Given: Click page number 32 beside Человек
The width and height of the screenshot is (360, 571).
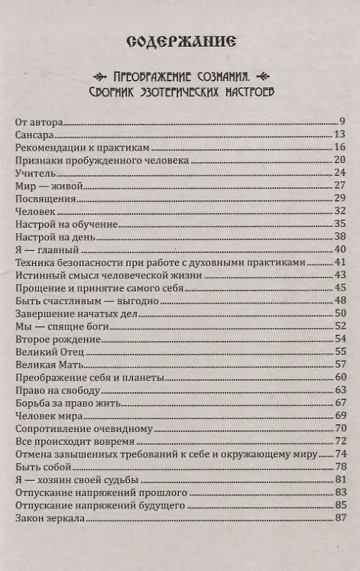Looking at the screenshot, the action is click(341, 210).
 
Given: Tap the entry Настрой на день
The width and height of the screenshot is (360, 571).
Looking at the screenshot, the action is click(55, 235).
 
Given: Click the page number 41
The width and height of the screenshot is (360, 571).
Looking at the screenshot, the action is click(341, 261).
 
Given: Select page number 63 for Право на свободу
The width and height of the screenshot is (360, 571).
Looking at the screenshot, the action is click(341, 389).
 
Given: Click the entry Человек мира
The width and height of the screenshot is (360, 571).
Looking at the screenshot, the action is click(49, 415).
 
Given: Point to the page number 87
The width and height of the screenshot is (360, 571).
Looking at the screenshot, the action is click(341, 519).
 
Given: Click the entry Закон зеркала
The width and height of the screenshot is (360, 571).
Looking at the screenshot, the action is click(50, 519).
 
